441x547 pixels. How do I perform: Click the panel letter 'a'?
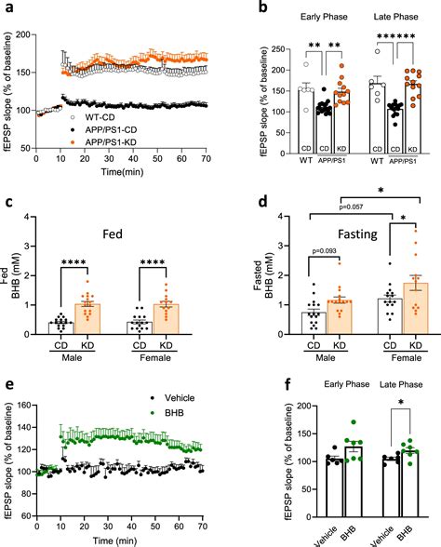tap(9, 7)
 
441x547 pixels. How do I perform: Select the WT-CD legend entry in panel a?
tap(93, 117)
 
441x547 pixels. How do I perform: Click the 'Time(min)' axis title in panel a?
tap(122, 171)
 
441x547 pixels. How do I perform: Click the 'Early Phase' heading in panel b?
tap(324, 17)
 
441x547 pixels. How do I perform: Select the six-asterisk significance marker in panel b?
tap(396, 36)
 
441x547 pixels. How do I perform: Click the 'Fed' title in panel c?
tap(113, 233)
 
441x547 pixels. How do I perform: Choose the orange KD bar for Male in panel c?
tap(87, 319)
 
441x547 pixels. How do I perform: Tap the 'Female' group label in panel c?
tap(155, 358)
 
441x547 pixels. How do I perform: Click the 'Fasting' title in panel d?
tap(357, 234)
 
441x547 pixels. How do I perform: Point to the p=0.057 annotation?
tap(351, 207)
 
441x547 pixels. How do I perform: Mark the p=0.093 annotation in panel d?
tap(324, 251)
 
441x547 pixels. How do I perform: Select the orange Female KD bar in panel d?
tap(415, 309)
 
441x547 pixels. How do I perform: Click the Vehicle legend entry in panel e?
tap(173, 398)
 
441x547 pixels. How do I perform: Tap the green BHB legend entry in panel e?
tap(167, 413)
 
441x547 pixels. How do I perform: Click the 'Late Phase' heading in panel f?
tap(401, 384)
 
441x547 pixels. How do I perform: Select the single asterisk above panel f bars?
tap(401, 403)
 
